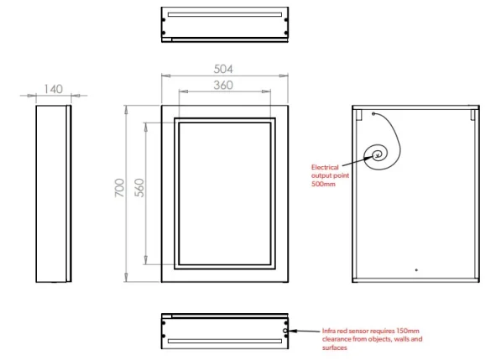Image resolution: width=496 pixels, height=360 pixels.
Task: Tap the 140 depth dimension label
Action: coord(52,87)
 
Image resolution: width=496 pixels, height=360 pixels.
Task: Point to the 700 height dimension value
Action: coord(120,188)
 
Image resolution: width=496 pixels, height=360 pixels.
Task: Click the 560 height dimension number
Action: coord(140,188)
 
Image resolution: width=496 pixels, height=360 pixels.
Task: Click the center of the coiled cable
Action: coord(379,154)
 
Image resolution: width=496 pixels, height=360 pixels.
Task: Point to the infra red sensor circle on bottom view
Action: coord(287,331)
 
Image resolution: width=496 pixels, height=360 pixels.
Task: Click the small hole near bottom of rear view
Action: coord(417,270)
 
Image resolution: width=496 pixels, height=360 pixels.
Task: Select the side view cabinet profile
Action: coord(52,194)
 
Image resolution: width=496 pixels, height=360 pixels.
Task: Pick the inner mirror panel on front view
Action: coord(225,194)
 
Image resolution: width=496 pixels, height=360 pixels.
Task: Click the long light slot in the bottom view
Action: coord(225,342)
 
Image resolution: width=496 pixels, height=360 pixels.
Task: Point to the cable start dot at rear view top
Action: coord(372,112)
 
